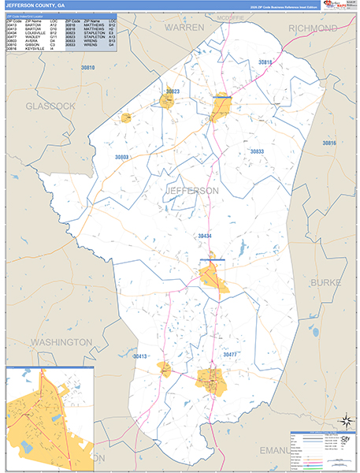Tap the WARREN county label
point(184,27)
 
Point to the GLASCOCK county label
point(50,106)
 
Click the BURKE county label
point(325,281)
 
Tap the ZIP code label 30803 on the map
point(118,158)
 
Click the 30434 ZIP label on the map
point(204,236)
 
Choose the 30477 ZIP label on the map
point(229,356)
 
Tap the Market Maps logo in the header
point(333,6)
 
